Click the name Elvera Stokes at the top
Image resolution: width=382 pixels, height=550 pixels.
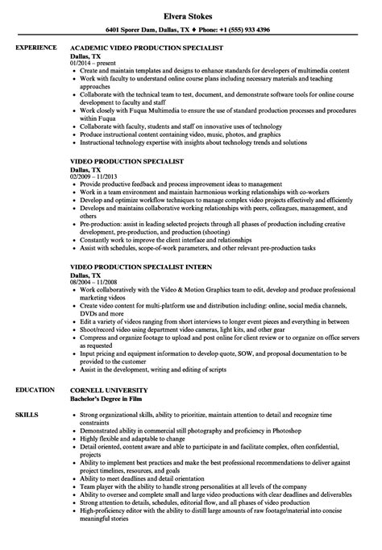pyautogui.click(x=190, y=12)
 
